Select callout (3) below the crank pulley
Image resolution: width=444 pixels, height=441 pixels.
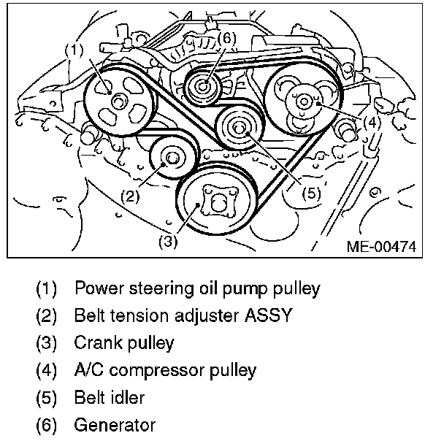click(168, 243)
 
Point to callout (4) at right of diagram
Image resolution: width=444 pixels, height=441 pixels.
click(372, 122)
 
